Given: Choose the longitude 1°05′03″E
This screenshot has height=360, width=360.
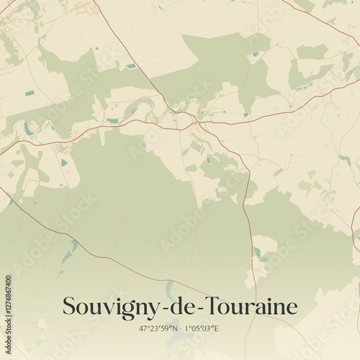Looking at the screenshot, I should [x=202, y=329].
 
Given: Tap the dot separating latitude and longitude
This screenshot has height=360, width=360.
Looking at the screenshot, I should [x=180, y=329].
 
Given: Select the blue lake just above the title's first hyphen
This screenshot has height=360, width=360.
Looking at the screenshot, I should [x=170, y=288].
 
